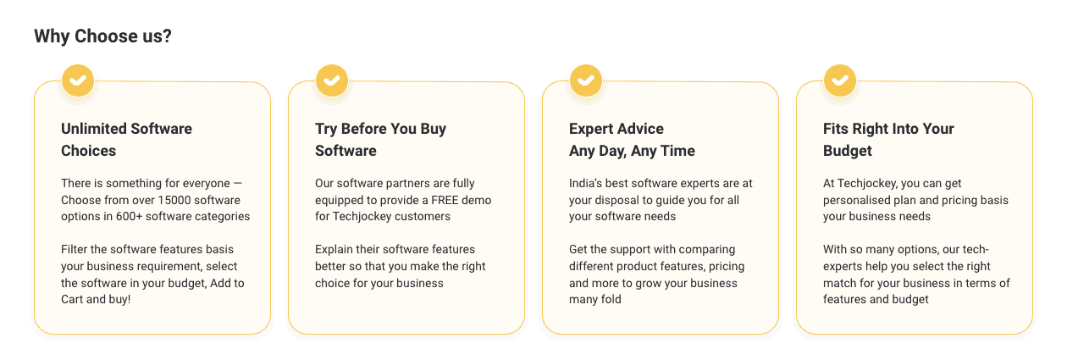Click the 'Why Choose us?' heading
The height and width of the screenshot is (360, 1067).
pyautogui.click(x=102, y=36)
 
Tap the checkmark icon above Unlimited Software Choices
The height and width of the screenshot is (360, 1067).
pyautogui.click(x=78, y=80)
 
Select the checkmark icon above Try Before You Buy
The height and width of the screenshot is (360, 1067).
pyautogui.click(x=332, y=80)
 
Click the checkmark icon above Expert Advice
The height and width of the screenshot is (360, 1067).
pyautogui.click(x=586, y=80)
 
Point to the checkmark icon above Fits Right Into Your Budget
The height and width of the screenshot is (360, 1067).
pyautogui.click(x=840, y=80)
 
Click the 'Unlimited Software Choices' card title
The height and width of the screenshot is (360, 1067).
pyautogui.click(x=126, y=140)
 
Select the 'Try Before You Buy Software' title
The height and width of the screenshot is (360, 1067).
pyautogui.click(x=380, y=140)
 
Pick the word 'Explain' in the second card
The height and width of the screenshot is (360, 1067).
pyautogui.click(x=335, y=250)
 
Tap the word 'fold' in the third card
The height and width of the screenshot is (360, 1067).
pyautogui.click(x=610, y=299)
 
